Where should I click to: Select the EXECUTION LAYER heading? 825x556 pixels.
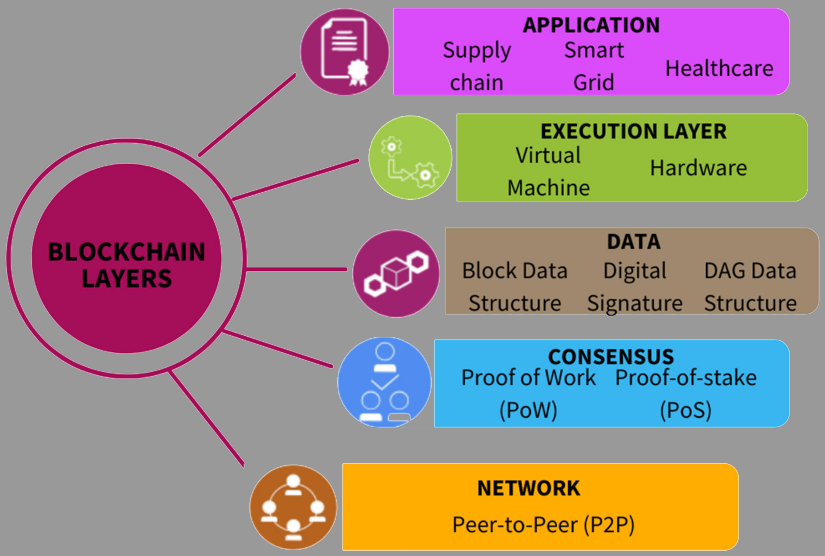634,131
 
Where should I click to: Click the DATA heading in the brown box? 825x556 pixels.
634,242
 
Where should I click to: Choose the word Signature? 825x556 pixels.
635,304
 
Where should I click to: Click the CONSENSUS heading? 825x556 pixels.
611,357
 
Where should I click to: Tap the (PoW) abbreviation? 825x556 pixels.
528,410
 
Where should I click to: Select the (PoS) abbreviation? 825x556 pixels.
685,410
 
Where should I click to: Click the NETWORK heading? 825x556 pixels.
528,488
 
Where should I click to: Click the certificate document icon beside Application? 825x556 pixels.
345,52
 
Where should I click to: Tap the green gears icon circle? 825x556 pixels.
410,158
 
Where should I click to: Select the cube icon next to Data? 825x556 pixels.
396,274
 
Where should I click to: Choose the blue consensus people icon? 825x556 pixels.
384,382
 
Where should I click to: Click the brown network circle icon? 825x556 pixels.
293,507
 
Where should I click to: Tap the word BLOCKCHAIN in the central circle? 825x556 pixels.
126,252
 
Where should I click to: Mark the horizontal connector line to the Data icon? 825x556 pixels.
297,269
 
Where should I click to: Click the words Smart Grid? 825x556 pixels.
594,66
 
